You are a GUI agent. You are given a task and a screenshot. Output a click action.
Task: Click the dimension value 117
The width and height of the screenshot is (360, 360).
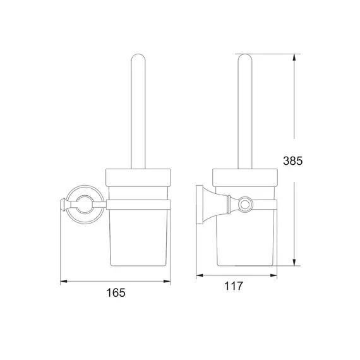tap(234, 286)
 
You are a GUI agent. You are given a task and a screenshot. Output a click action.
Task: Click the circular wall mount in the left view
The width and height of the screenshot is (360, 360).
tap(83, 203)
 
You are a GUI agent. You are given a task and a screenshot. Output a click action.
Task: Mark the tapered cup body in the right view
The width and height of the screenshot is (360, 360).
tap(245, 234)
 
